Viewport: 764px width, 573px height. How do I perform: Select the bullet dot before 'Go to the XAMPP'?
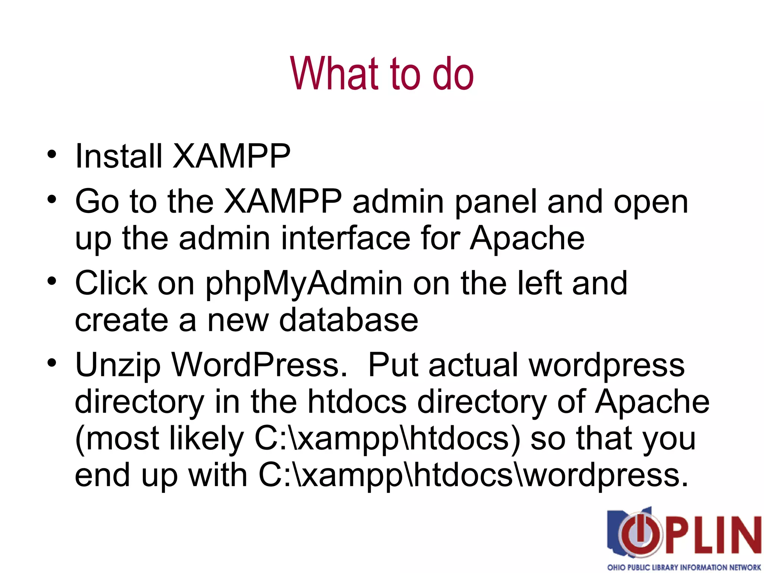pyautogui.click(x=52, y=198)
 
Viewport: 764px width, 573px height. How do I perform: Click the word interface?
pyautogui.click(x=345, y=239)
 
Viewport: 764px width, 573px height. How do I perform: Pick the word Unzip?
pyautogui.click(x=118, y=366)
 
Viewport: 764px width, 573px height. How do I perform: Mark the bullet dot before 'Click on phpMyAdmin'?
pyautogui.click(x=52, y=281)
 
